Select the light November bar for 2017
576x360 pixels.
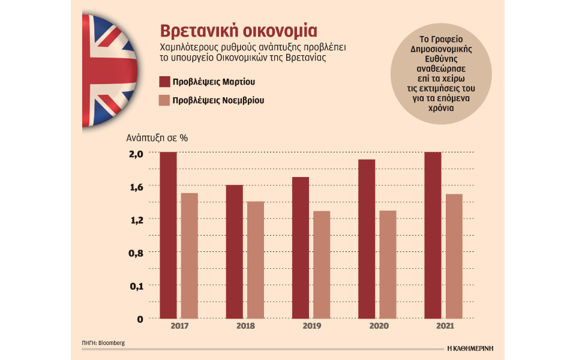click(x=190, y=255)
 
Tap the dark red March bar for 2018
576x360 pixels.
click(x=234, y=251)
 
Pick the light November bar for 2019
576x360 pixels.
click(x=322, y=264)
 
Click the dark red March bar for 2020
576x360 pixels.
click(x=366, y=239)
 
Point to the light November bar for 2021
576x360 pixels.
click(x=454, y=256)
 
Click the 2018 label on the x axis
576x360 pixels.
click(x=245, y=326)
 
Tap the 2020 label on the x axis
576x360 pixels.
click(x=377, y=326)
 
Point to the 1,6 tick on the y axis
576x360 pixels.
click(x=136, y=186)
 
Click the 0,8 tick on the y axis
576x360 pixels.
click(x=136, y=253)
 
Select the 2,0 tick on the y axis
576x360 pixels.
click(x=136, y=153)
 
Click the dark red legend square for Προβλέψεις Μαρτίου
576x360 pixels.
click(x=164, y=82)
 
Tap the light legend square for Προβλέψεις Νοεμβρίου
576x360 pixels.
click(x=164, y=100)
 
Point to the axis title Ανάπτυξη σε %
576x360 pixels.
click(x=157, y=137)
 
